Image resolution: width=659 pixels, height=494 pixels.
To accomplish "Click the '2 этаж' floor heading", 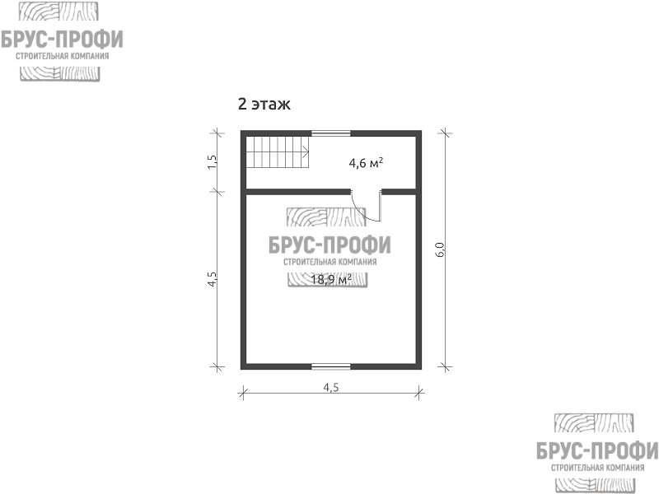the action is pos(264,104).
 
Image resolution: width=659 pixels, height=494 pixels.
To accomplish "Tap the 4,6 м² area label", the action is pos(366,162).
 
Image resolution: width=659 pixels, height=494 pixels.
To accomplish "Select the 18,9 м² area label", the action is pos(331,279).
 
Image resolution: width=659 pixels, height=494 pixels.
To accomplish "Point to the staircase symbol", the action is pos(278,151).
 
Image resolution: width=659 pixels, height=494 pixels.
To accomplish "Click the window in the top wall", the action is pos(331,133).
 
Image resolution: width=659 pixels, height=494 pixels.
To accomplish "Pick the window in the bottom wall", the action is pos(331,366).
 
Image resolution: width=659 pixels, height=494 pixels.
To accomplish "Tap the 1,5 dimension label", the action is pos(213,162).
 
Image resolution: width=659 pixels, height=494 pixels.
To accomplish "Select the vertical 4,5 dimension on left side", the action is pos(213,279).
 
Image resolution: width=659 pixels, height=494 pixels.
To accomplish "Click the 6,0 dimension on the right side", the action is pos(440,250).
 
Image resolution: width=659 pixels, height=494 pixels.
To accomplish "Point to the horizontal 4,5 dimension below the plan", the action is pos(331,388).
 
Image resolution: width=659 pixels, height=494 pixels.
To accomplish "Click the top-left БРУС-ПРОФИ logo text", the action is pos(62,40).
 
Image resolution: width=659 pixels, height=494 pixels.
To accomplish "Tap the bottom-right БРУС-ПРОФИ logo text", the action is pos(597,451).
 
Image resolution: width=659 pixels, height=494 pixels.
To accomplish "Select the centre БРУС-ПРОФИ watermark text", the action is pos(329,245).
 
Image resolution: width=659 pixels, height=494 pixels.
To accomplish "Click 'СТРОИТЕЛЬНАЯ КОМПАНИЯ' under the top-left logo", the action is pos(63,56).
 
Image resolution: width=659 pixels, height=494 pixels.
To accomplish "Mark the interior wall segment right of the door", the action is pos(399,193).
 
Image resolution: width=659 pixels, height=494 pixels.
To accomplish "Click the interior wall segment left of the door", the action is pos(298,193).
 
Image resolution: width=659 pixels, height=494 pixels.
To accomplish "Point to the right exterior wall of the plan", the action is pos(419,250).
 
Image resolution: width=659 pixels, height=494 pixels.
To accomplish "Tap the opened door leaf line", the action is pos(381,206).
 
